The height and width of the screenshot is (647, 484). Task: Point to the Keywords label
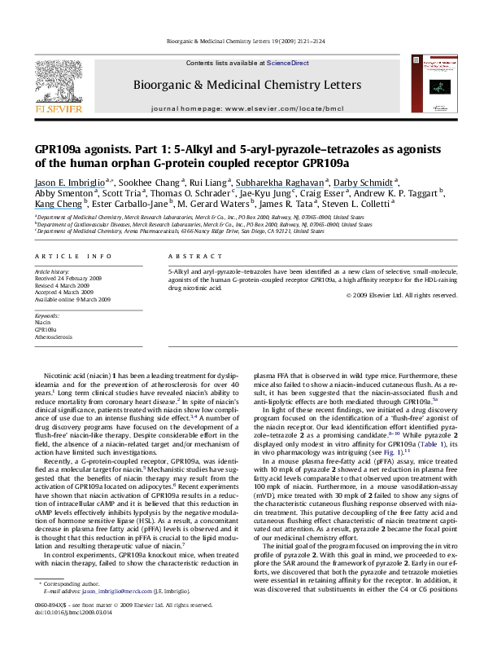(x=50, y=315)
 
